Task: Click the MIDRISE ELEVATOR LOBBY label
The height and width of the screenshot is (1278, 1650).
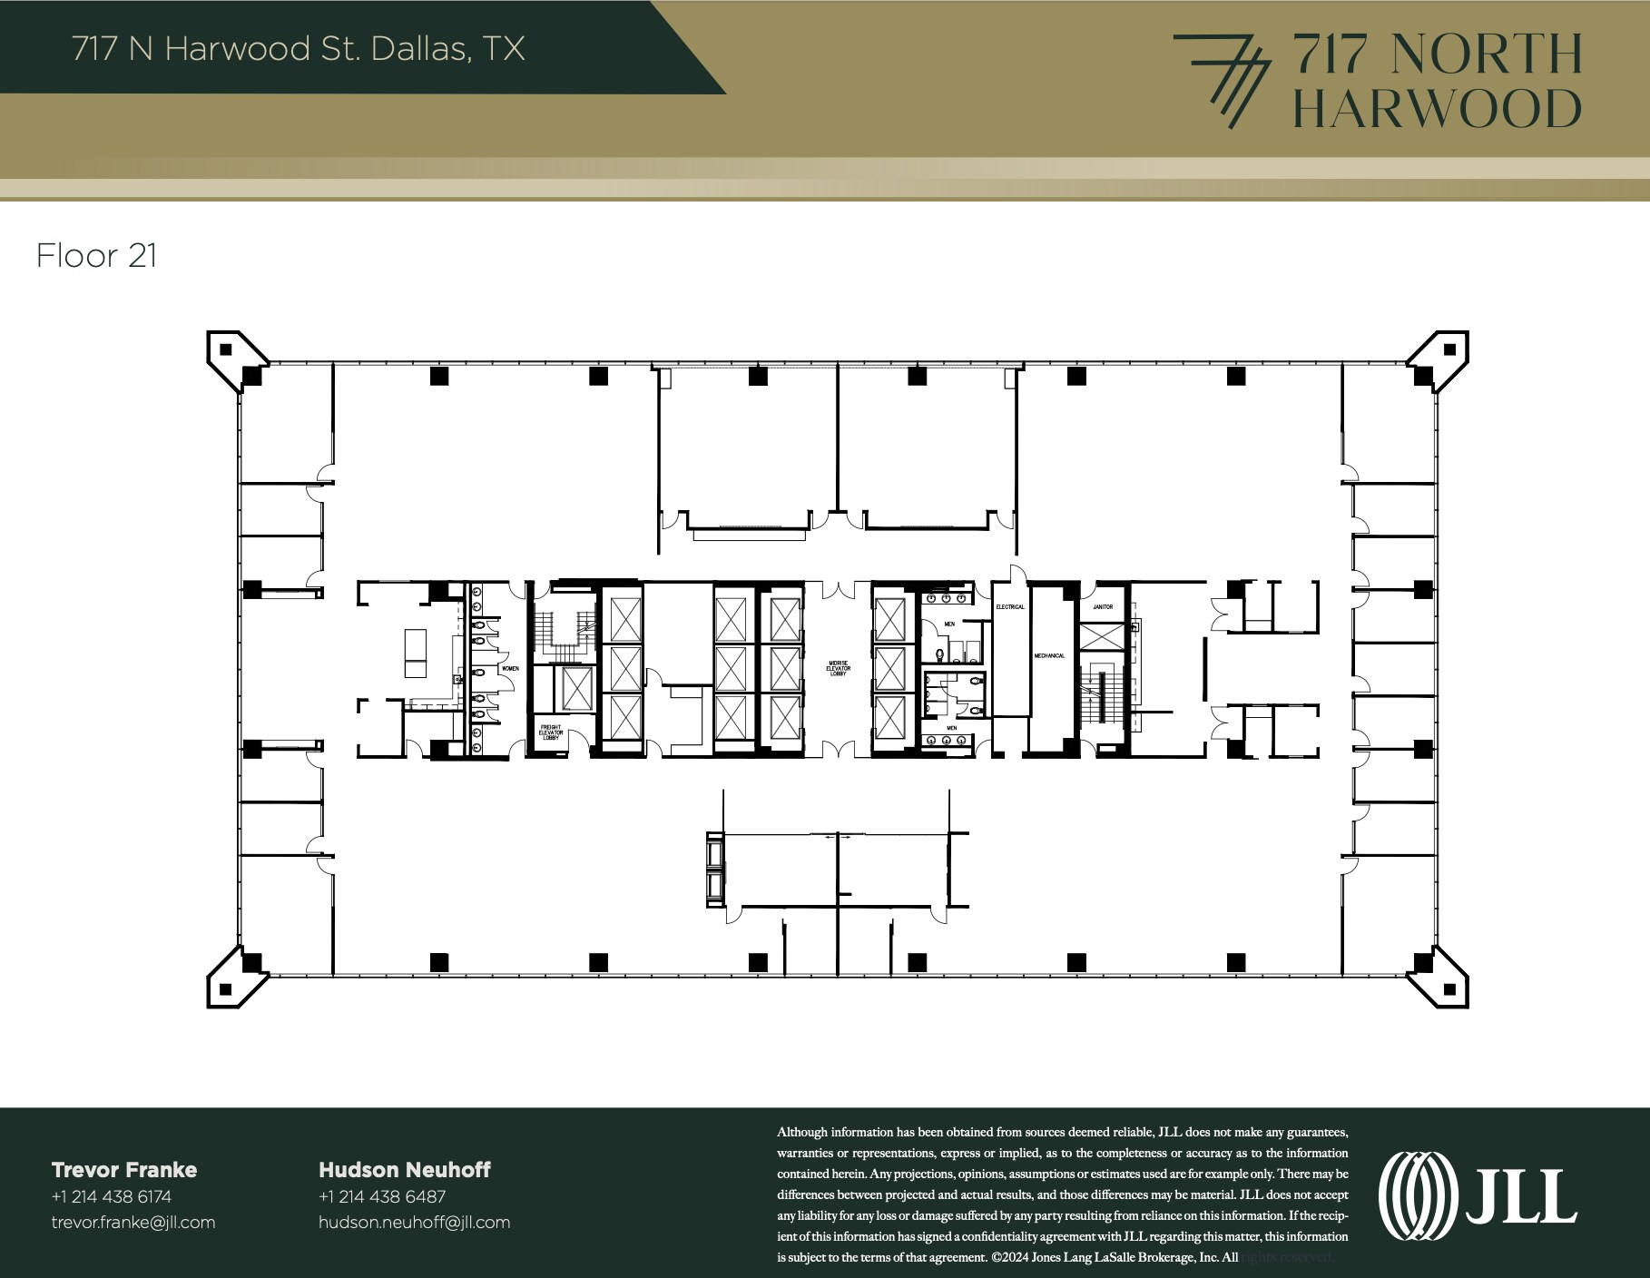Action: [x=838, y=668]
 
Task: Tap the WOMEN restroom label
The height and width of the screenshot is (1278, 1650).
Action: [x=511, y=668]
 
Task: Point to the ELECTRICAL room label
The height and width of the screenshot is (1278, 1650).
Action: [x=1010, y=606]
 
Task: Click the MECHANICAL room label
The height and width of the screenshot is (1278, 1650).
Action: [x=1049, y=655]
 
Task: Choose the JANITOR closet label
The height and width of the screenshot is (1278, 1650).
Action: [x=1103, y=606]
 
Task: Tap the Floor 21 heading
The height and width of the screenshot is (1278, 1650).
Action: [x=96, y=256]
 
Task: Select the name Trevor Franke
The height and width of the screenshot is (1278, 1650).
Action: [x=124, y=1170]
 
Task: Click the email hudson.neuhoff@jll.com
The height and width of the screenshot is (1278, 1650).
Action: [x=414, y=1223]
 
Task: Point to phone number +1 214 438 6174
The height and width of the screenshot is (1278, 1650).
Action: [x=112, y=1196]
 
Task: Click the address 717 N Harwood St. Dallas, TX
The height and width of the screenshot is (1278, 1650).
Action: [x=299, y=48]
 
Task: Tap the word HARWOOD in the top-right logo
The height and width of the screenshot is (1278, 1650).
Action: [x=1436, y=109]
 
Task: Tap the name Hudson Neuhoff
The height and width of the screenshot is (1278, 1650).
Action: [x=404, y=1170]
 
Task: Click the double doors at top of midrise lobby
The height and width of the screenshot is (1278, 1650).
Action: [x=838, y=590]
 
